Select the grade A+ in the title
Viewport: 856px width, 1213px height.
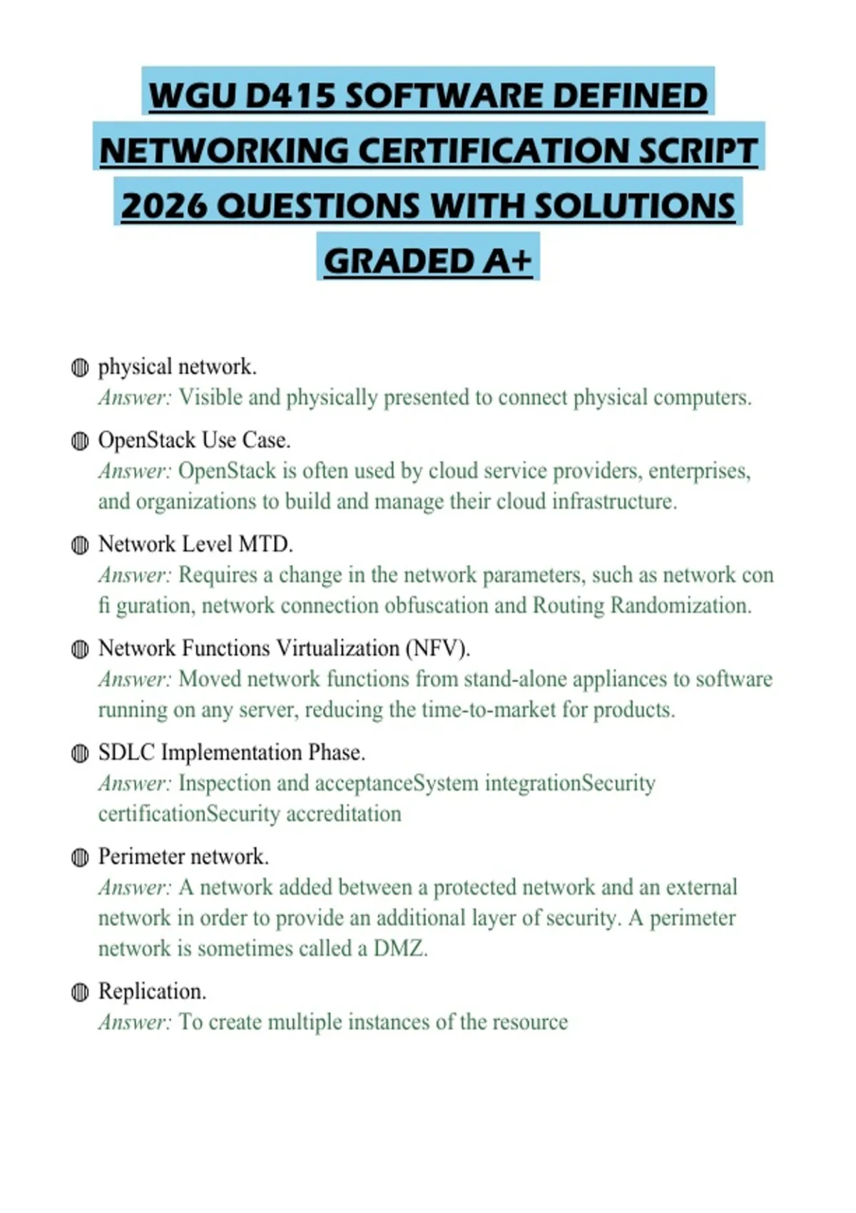[x=506, y=260]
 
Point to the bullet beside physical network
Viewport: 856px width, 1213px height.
[x=80, y=367]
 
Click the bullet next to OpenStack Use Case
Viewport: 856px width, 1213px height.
[x=80, y=441]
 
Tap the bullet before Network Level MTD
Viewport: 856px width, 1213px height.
[x=80, y=545]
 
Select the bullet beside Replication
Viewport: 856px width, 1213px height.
[x=80, y=993]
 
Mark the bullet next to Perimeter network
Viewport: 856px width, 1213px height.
[x=80, y=858]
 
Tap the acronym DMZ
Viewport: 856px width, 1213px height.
[x=399, y=949]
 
